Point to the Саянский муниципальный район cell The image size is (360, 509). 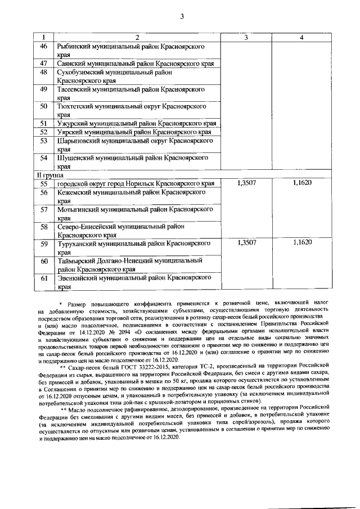click(136, 65)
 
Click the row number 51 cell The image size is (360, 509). click(43, 123)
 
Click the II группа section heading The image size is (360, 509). click(51, 175)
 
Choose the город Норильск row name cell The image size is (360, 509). click(136, 183)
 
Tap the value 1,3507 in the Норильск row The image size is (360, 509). click(247, 183)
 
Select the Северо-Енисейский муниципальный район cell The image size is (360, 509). click(136, 231)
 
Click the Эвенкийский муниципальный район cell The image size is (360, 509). click(136, 282)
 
